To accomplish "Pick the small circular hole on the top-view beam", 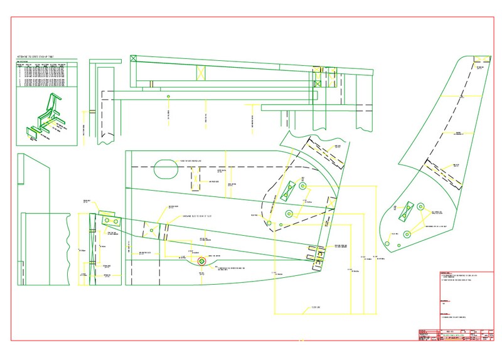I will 168,97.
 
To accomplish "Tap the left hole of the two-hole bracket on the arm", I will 107,221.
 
